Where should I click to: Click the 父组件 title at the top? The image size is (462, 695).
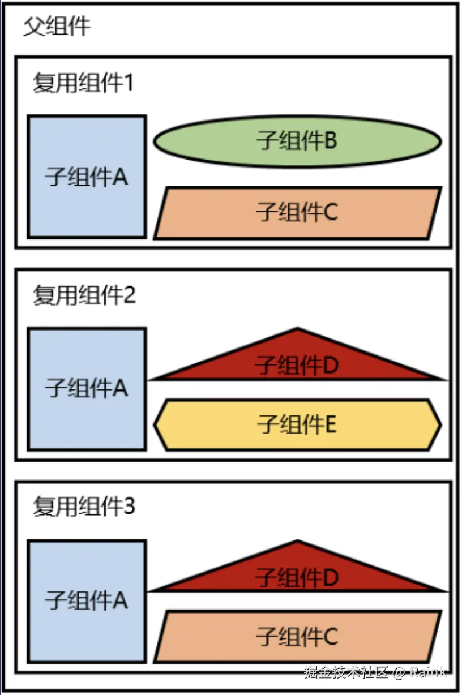57,27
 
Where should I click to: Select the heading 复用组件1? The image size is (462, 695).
83,83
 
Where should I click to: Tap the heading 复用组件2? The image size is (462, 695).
84,295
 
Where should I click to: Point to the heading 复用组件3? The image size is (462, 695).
84,507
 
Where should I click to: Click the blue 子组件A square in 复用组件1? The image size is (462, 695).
87,177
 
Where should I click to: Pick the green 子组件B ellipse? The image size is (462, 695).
297,141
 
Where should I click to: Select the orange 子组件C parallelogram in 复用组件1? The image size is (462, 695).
297,213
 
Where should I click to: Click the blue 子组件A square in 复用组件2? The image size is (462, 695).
87,389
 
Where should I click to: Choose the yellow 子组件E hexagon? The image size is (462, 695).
297,424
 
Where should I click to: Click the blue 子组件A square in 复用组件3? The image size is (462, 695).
87,600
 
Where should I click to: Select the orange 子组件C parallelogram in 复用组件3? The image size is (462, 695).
297,636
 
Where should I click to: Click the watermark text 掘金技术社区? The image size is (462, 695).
346,672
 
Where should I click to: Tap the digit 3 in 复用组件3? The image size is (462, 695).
129,507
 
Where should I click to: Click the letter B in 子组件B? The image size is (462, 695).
331,141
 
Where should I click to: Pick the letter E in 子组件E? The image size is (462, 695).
330,424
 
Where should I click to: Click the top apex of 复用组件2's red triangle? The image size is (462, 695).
298,329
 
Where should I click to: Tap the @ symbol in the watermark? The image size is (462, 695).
400,672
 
